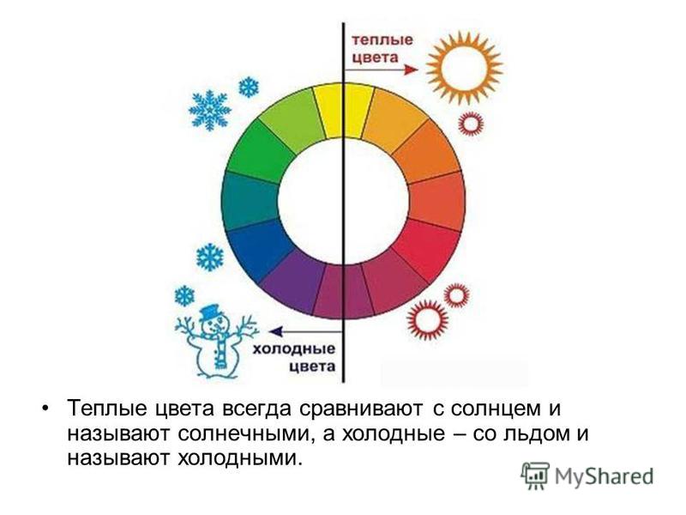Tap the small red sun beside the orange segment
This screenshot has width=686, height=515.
pos(471,123)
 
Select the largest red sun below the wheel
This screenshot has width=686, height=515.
pos(427,320)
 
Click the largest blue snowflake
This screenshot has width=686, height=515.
pos(209,110)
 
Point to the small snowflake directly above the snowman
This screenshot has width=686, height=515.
pos(184,296)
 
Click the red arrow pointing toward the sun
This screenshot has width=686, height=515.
pos(381,70)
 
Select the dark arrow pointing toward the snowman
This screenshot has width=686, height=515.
pos(305,331)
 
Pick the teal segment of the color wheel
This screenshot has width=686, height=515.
pos(250,201)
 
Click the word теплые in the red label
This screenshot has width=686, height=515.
pos(382,40)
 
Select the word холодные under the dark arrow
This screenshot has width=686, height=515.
pos(294,349)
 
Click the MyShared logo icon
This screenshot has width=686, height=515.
pos(534,476)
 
